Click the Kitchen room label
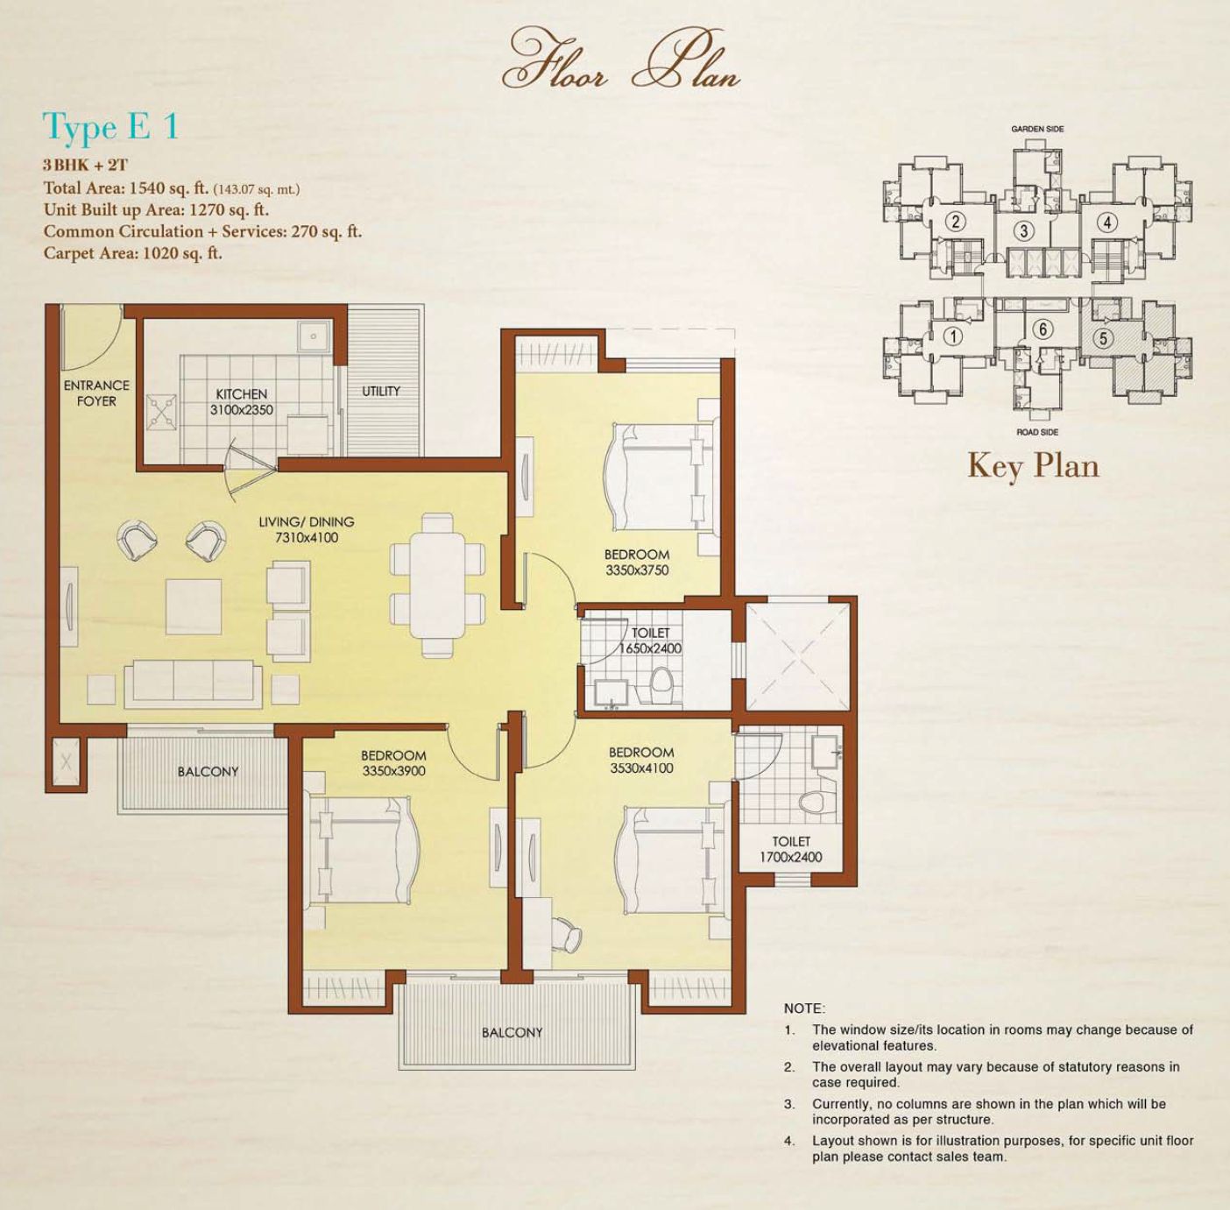coord(241,394)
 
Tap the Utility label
coord(381,391)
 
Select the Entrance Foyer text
coord(96,393)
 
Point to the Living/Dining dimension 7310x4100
coord(307,538)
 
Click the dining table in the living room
coord(438,585)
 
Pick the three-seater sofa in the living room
coord(193,684)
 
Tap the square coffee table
coord(194,606)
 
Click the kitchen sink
coord(313,337)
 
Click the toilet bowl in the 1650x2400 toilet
coord(661,687)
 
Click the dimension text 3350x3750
coord(637,570)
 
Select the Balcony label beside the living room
coord(209,771)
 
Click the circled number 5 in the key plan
coord(1103,337)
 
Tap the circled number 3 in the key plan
coord(1024,230)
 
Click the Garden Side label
coord(1037,129)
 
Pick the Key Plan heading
coord(1034,465)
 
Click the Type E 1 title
coord(110,126)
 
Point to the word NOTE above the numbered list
coord(804,1008)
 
